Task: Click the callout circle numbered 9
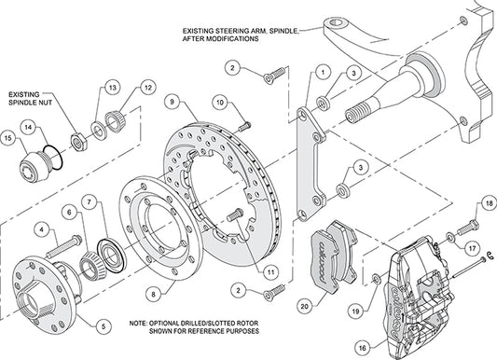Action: (173, 101)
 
